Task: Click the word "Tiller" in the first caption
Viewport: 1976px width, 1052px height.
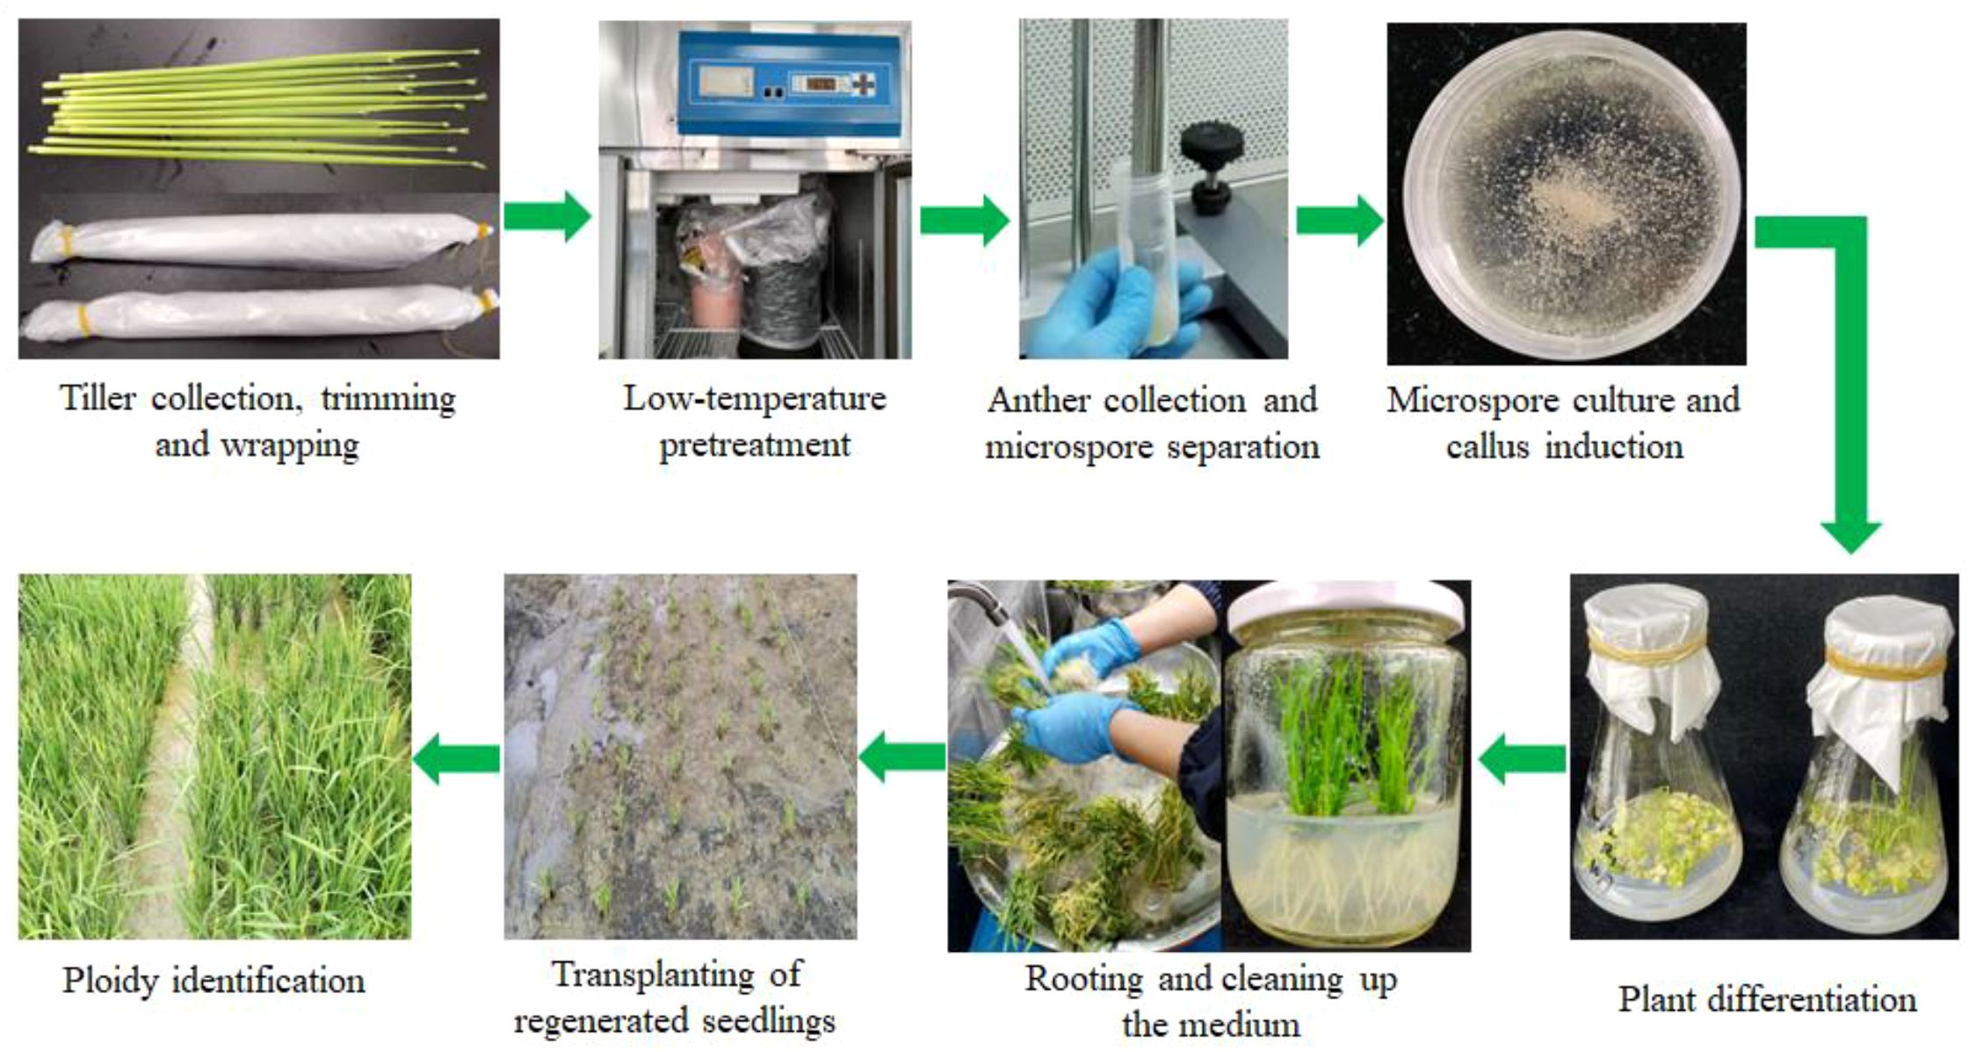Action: click(98, 399)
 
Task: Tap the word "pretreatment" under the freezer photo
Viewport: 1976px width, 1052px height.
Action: click(755, 446)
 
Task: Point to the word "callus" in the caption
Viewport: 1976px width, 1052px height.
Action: click(1488, 447)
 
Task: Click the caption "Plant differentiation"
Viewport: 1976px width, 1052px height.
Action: click(1767, 1000)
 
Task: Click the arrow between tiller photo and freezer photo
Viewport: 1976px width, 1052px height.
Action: click(546, 216)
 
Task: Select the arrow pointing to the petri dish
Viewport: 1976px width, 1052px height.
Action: click(1338, 220)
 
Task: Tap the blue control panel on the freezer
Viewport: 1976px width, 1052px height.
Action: click(791, 84)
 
